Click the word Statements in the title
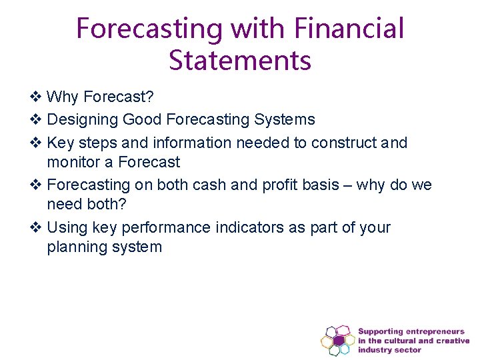(x=240, y=59)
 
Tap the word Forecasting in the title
(x=149, y=29)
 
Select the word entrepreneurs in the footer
(x=434, y=331)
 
